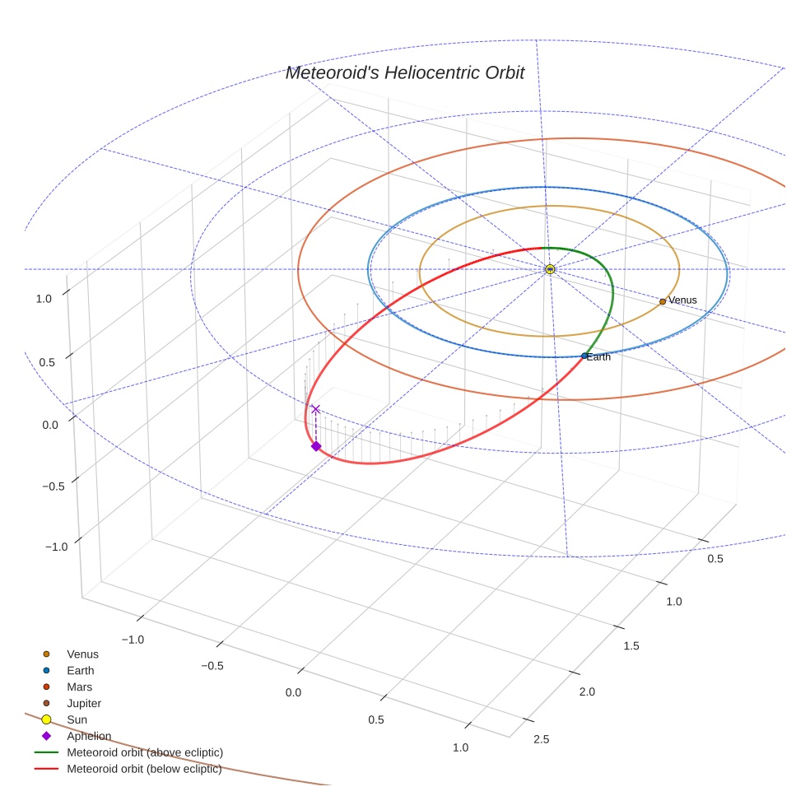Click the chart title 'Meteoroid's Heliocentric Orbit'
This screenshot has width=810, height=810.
point(404,73)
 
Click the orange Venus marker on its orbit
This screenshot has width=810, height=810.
point(663,301)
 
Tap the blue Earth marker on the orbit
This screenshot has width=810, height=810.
point(584,356)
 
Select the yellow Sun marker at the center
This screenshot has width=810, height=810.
point(550,269)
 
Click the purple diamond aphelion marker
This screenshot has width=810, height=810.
point(315,446)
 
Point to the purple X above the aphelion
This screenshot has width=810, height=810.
point(314,409)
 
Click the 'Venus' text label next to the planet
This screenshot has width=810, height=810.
point(682,300)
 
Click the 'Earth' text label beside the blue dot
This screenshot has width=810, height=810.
point(599,356)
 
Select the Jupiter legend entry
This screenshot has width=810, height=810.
point(84,703)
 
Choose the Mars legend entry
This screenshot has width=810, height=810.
point(80,687)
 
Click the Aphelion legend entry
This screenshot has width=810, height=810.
point(89,736)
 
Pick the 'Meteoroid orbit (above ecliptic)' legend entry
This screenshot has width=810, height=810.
point(145,752)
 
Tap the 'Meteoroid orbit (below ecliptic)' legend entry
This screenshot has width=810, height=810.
point(145,769)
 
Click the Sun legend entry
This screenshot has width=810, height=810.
point(77,719)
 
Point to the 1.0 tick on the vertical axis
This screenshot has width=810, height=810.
point(44,299)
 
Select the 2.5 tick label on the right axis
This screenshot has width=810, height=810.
point(542,738)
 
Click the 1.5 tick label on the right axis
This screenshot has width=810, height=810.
point(631,645)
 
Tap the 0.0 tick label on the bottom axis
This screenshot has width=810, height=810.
point(294,692)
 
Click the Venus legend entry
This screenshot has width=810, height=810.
point(82,654)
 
